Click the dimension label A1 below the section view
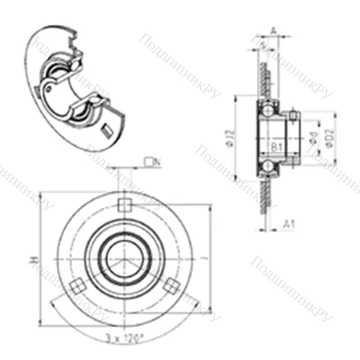pos(289,225)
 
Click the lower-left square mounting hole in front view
pos(74,286)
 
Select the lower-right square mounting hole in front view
pos(170,286)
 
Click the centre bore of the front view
pos(122,258)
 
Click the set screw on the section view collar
pos(294,114)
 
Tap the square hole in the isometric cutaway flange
pos(107,130)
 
